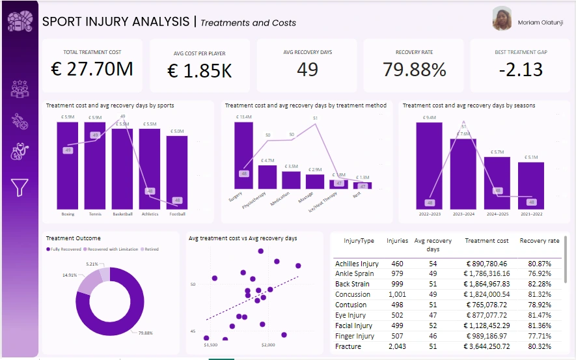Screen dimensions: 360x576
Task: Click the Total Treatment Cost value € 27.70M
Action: click(x=91, y=70)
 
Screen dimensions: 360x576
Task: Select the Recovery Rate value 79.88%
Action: click(x=414, y=70)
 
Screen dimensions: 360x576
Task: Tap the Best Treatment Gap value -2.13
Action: click(x=520, y=70)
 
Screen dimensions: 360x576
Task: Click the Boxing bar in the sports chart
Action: click(x=68, y=166)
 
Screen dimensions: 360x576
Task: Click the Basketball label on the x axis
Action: click(x=122, y=214)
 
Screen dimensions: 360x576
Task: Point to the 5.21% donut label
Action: click(x=92, y=264)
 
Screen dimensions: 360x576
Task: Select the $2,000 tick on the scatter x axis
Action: click(x=269, y=344)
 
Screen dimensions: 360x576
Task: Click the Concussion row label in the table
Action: click(x=352, y=294)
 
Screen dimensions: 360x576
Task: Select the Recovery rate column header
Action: click(x=539, y=241)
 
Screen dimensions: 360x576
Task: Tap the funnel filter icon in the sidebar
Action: click(x=20, y=187)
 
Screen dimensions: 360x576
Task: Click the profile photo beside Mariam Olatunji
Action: click(x=502, y=19)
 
